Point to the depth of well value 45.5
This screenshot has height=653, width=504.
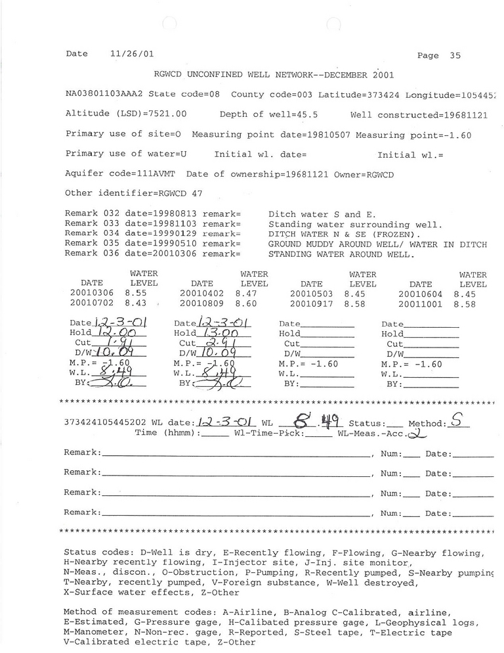click(x=306, y=114)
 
